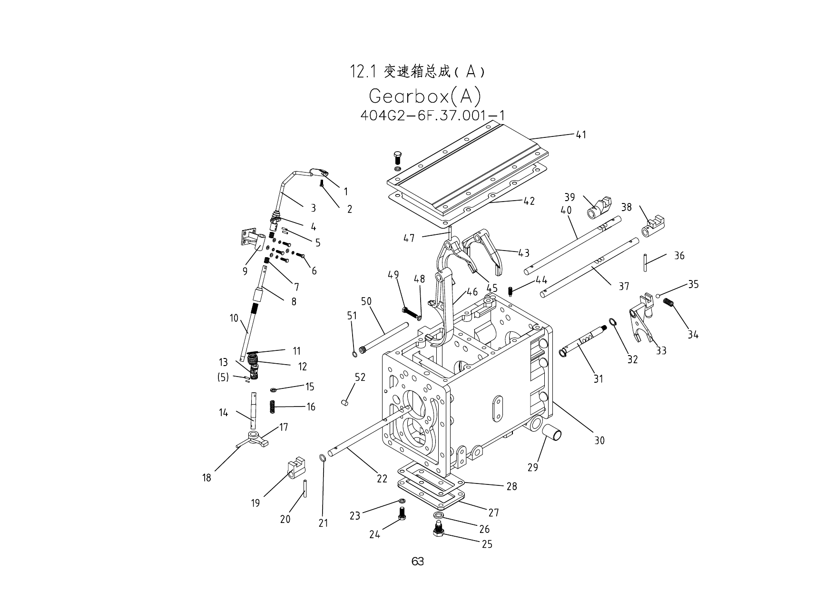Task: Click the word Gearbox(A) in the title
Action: (x=425, y=97)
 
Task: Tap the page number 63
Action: (x=418, y=561)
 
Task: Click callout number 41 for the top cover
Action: (x=581, y=135)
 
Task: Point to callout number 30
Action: (x=599, y=441)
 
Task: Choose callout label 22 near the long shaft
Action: (x=382, y=479)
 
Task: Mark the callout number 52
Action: (x=360, y=377)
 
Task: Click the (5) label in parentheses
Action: (x=223, y=377)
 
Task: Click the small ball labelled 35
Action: (x=658, y=296)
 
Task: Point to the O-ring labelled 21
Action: (x=322, y=458)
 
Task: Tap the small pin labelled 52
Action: (x=345, y=403)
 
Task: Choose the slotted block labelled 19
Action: (x=295, y=467)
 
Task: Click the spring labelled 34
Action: (x=669, y=302)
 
